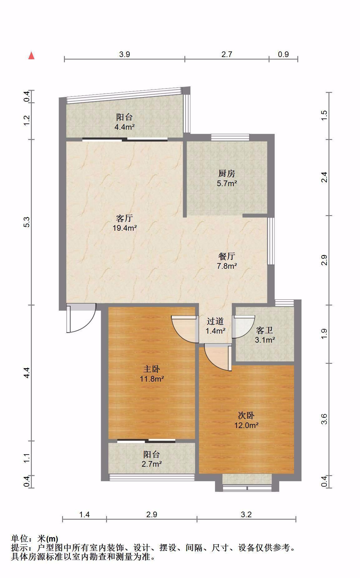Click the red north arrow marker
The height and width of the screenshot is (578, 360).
[x=31, y=55]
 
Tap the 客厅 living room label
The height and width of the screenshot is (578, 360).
[x=124, y=218]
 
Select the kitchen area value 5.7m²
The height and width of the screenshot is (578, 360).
[x=227, y=183]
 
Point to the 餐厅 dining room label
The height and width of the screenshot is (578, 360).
[x=227, y=256]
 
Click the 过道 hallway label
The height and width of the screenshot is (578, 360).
[x=215, y=321]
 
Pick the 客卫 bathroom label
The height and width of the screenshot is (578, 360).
[x=265, y=330]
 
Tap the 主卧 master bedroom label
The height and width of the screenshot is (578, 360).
[x=152, y=369]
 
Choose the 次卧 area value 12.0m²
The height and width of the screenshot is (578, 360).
[x=246, y=425]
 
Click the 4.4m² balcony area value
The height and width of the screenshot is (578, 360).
[x=124, y=127]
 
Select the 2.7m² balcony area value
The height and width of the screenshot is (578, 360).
[x=152, y=464]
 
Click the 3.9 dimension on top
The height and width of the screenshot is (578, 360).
[x=124, y=54]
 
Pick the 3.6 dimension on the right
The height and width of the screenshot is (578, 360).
[x=324, y=419]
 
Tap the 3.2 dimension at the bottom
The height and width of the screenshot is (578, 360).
[x=246, y=514]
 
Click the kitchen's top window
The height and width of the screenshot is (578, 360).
[x=230, y=137]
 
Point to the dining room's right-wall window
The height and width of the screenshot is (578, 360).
[x=271, y=241]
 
